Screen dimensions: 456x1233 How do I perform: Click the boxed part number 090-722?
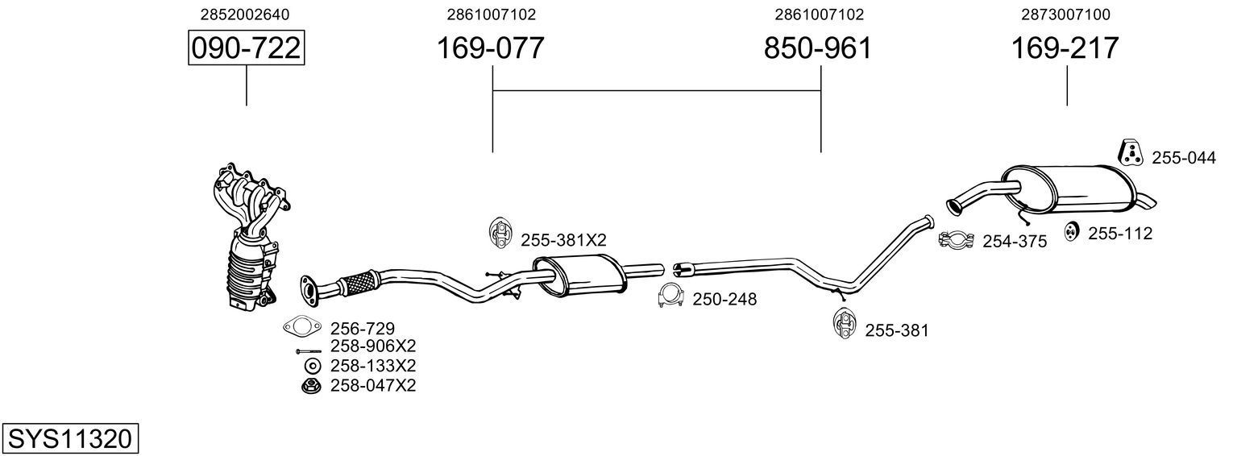pos(246,49)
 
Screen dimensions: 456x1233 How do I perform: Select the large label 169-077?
pos(491,49)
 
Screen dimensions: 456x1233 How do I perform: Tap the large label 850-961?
pos(818,49)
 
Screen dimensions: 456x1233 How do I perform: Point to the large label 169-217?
pos(1065,49)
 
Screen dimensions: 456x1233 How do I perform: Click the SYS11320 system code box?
pos(69,439)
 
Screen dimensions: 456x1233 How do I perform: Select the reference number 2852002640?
pos(245,15)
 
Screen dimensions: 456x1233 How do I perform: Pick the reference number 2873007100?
pos(1065,15)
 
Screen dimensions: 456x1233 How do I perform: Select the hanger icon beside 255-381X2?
pos(500,233)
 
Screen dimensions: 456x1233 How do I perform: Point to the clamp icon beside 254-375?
pos(957,239)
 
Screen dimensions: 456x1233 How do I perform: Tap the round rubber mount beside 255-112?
pos(1072,231)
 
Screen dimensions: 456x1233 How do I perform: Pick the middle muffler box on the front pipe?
pos(581,276)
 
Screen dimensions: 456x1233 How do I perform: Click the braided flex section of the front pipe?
pos(359,281)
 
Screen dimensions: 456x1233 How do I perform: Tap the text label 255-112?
pos(1120,234)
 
